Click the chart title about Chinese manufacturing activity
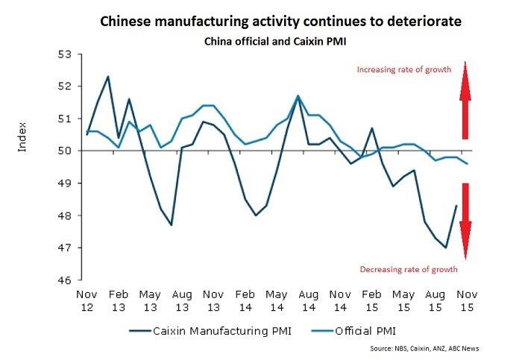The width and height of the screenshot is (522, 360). click(x=280, y=22)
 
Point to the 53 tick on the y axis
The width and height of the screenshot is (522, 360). click(x=64, y=54)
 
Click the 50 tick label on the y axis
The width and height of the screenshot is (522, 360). click(x=64, y=151)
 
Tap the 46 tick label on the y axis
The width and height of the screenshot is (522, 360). click(x=64, y=280)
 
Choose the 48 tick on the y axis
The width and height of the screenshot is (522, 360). click(x=64, y=215)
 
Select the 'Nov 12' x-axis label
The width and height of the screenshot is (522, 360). click(x=87, y=300)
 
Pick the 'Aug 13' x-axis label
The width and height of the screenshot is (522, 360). click(x=182, y=300)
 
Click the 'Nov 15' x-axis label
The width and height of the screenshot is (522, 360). click(x=467, y=300)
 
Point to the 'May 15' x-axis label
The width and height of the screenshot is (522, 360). click(x=403, y=300)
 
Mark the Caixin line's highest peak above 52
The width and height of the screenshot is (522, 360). click(x=109, y=76)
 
